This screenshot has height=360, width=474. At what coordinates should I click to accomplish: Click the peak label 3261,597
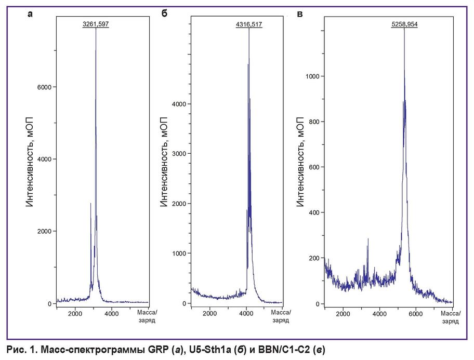[x=96, y=24]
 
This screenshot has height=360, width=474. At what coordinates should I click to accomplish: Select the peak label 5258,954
[x=404, y=24]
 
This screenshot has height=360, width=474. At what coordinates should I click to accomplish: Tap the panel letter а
[x=30, y=14]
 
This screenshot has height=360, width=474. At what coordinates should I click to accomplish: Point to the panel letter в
[x=299, y=14]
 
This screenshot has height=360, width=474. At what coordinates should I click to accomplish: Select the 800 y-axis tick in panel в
[x=313, y=122]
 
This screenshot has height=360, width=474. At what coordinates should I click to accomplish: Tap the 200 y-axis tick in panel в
[x=313, y=258]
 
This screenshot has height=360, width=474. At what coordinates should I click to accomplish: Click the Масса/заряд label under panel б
[x=282, y=316]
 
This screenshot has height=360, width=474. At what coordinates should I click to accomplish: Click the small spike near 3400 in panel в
[x=368, y=239]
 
